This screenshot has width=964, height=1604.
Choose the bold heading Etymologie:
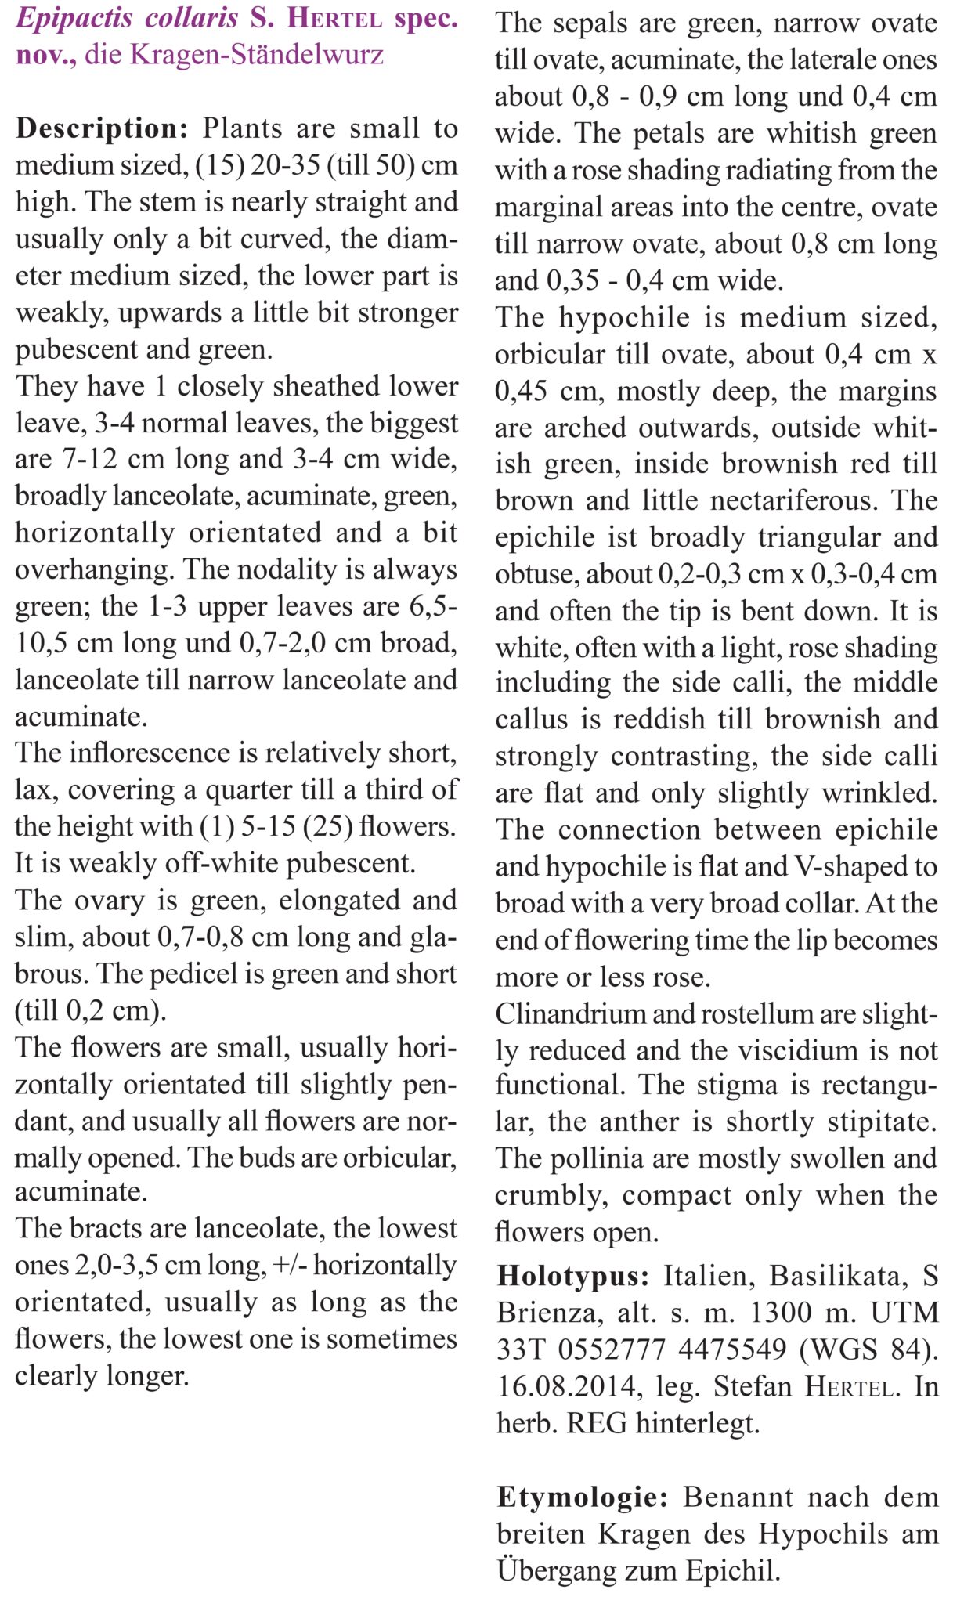pyautogui.click(x=583, y=1497)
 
